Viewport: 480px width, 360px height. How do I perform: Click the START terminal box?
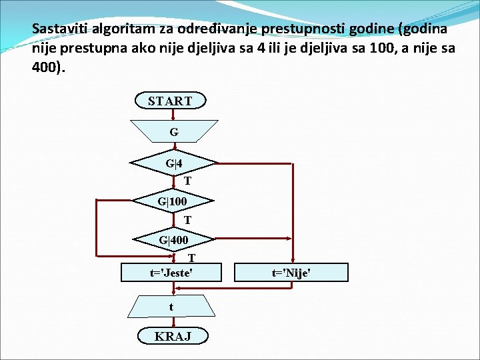tap(170, 101)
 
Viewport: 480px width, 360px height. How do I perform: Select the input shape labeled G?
tap(174, 131)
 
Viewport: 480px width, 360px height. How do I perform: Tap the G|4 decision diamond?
tap(174, 163)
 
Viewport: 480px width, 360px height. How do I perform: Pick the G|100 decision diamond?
tap(173, 201)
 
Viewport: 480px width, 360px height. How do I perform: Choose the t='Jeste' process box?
tap(171, 272)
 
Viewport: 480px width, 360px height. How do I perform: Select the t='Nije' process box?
tap(291, 272)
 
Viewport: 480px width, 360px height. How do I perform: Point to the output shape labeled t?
tap(171, 307)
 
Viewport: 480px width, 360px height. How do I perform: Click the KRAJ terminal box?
tap(173, 336)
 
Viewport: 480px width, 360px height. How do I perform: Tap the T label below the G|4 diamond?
tap(188, 181)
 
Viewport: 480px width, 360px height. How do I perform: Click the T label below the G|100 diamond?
tap(188, 220)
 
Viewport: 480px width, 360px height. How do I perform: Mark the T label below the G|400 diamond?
tap(191, 257)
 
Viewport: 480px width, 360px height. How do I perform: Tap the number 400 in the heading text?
tap(46, 68)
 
